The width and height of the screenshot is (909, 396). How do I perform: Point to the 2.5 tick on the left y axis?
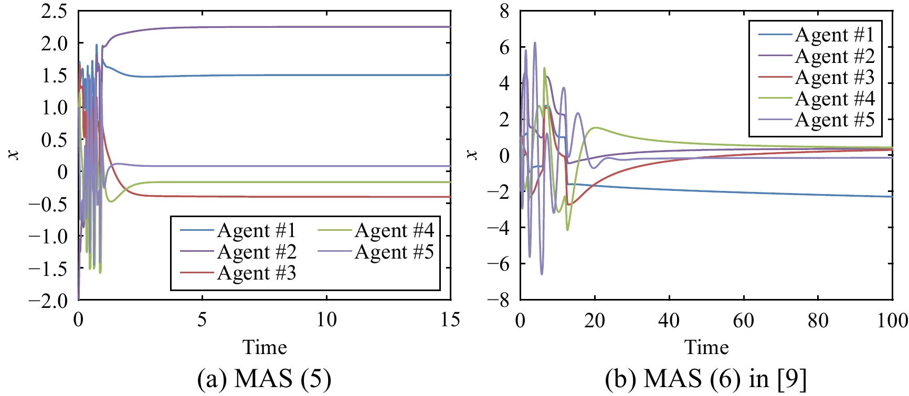[54, 10]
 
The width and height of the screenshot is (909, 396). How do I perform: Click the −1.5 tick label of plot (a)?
[49, 269]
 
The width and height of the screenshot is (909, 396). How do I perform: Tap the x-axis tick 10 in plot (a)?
[326, 319]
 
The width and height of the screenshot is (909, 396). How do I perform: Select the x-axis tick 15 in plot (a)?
[450, 319]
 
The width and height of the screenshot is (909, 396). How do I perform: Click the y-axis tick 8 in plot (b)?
[504, 10]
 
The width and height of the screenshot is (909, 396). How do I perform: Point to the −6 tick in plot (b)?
[498, 263]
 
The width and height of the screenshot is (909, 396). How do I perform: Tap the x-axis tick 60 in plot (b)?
[744, 319]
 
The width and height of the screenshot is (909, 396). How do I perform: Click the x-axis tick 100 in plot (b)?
[892, 319]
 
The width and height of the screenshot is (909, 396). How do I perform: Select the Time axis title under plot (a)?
[265, 347]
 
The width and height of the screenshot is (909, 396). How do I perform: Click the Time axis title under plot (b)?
[706, 347]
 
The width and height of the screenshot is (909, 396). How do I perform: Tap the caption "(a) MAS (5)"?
[265, 379]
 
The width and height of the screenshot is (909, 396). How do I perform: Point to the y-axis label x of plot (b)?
[472, 154]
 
